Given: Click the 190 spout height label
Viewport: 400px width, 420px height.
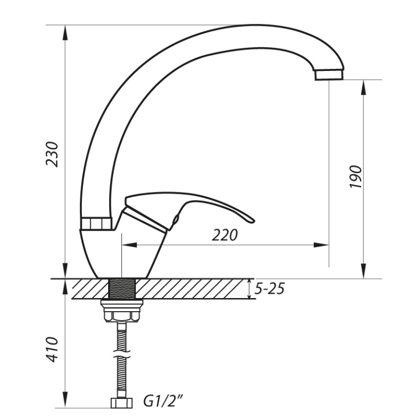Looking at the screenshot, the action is tap(356, 177).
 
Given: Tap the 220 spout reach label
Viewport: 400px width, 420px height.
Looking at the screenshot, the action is tap(225, 235).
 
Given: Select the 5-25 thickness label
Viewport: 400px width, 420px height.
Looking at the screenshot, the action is tap(269, 289).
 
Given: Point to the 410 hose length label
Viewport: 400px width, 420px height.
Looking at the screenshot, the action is tap(52, 349).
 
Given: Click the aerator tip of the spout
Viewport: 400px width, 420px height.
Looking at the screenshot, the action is tap(329, 75).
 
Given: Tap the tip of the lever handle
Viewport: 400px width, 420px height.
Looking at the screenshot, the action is tap(251, 220).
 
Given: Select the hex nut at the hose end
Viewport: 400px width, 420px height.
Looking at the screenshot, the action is tap(122, 403).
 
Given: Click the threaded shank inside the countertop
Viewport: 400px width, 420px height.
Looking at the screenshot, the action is tap(122, 288).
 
